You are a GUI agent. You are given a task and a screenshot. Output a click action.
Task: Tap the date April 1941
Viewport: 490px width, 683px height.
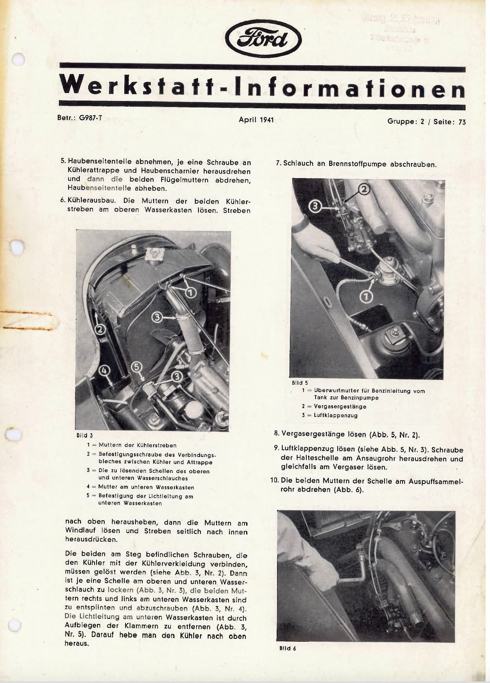coord(256,119)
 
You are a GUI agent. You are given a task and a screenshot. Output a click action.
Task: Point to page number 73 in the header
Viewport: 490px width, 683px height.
coord(462,122)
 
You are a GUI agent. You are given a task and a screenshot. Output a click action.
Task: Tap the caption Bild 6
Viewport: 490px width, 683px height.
coord(288,649)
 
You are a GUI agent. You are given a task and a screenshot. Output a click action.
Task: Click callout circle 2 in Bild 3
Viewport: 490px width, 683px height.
coord(100,329)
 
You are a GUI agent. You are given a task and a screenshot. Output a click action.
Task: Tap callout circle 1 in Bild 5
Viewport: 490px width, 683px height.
coord(368,297)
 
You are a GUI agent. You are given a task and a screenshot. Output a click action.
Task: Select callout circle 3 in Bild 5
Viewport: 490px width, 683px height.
coord(316,206)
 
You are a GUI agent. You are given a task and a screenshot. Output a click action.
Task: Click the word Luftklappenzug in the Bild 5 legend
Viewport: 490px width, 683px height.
coord(336,415)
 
